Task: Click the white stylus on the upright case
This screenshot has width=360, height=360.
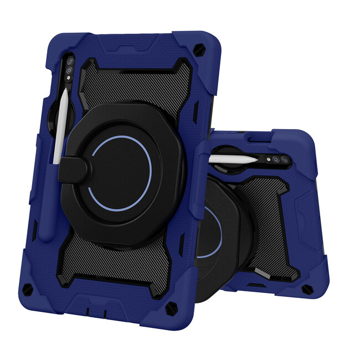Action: [61, 126]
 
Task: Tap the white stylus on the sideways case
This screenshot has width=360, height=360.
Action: [233, 158]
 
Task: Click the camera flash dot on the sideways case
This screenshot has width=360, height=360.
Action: [265, 160]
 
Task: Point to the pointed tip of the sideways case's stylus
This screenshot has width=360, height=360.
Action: [256, 159]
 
